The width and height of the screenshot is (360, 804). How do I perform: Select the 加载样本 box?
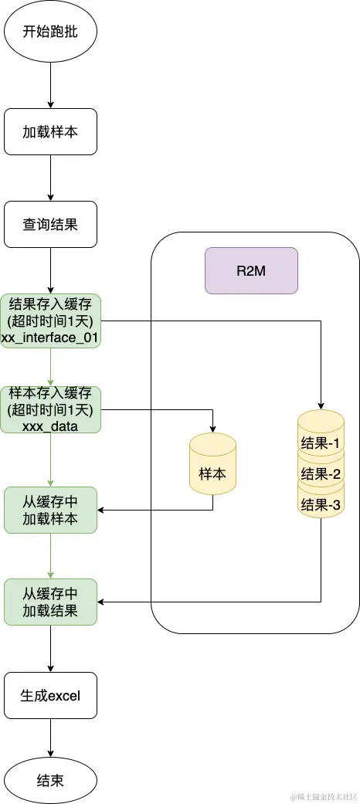(50, 131)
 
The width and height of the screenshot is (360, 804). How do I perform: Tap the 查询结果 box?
(50, 224)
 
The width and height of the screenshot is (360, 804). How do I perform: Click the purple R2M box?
(251, 270)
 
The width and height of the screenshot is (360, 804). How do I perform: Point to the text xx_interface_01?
(50, 338)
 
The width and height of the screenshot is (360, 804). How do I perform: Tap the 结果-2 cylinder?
(321, 473)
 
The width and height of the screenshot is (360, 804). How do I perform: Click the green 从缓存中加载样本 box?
(50, 510)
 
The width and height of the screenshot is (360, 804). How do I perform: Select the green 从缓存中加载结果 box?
(50, 602)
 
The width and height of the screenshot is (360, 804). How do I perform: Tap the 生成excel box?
(50, 695)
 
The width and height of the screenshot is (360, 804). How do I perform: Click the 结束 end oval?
(50, 779)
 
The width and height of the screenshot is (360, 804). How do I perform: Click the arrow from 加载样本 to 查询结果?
(50, 178)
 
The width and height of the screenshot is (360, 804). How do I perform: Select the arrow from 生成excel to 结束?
(50, 738)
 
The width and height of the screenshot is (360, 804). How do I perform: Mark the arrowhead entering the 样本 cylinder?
(212, 429)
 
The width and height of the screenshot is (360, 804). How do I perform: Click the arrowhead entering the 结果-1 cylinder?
(321, 405)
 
